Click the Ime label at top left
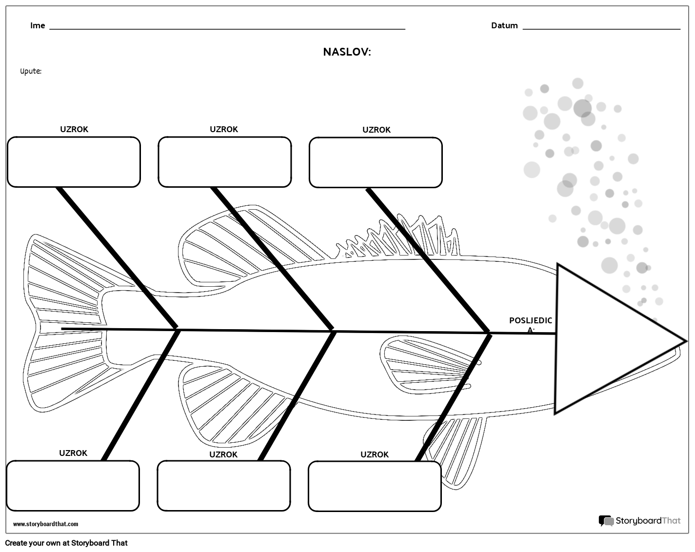(x=38, y=26)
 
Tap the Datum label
(x=504, y=26)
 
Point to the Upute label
(x=31, y=72)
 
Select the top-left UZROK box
(x=74, y=162)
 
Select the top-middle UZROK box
(x=224, y=162)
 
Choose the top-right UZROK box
(x=376, y=162)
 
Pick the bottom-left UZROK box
(x=73, y=486)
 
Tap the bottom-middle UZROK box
(x=223, y=486)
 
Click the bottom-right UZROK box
(x=375, y=487)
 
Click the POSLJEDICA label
(x=531, y=324)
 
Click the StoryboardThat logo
(x=639, y=521)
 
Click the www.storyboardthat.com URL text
(x=45, y=524)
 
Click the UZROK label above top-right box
(x=376, y=130)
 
